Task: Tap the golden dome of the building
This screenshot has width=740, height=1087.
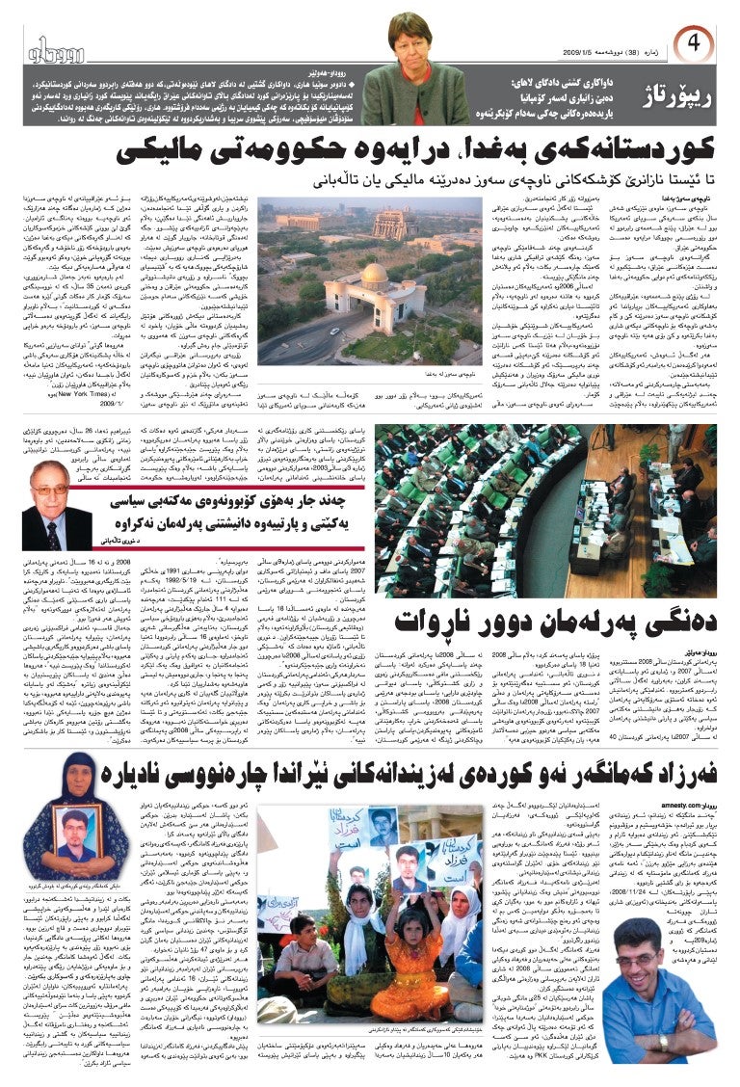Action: pyautogui.click(x=371, y=274)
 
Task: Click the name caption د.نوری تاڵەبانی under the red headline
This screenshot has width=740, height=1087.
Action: pyautogui.click(x=121, y=543)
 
